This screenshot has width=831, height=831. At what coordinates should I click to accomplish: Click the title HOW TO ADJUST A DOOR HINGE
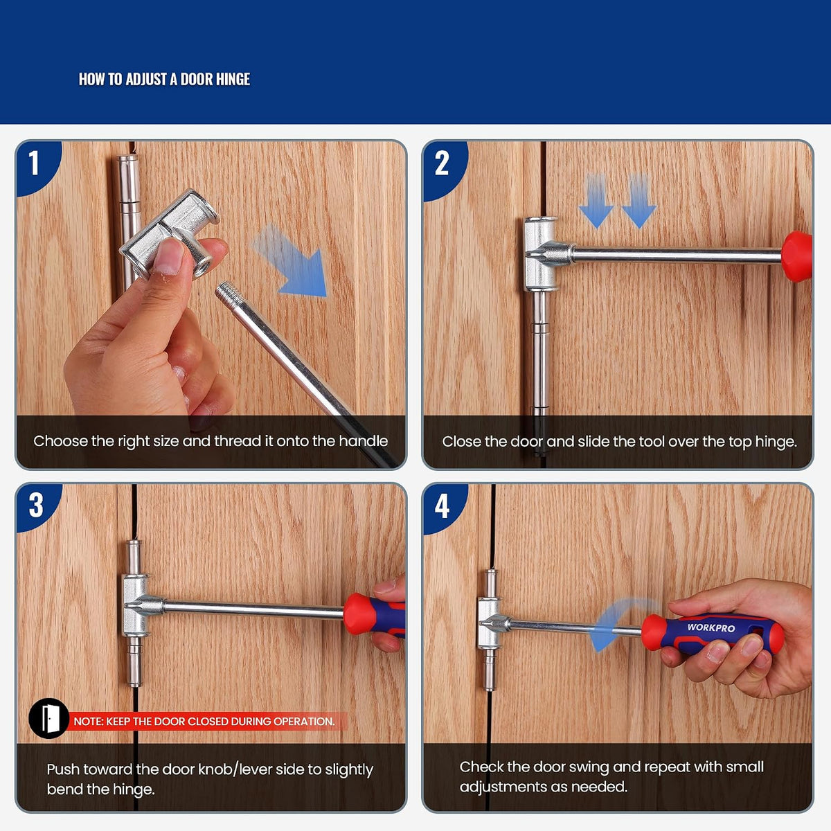164,80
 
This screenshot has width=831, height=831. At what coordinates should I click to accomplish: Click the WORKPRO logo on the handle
711,627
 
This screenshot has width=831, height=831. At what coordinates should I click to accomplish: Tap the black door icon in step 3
48,718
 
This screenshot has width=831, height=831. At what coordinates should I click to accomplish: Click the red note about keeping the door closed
204,722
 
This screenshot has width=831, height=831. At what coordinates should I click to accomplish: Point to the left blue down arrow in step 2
596,201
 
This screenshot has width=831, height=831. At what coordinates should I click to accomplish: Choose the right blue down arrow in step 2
639,201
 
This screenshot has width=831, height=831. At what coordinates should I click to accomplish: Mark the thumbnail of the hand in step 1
168,257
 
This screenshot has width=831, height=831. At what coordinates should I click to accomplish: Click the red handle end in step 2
797,257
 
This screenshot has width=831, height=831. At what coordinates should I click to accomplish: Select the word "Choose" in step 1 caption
60,441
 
